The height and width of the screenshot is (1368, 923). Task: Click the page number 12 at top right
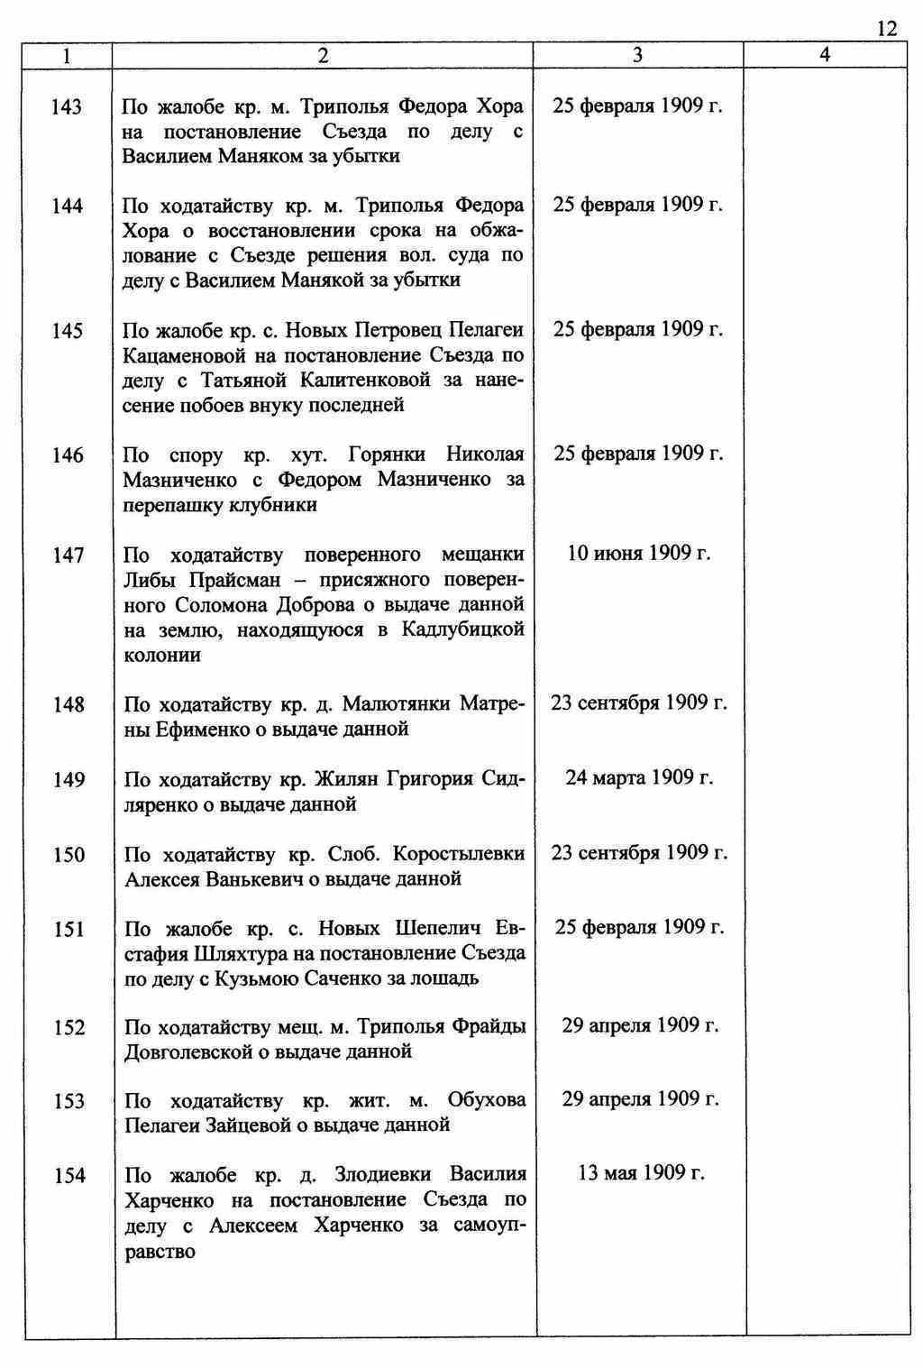(886, 29)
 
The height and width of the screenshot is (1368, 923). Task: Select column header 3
(638, 55)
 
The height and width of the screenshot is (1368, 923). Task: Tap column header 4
(825, 55)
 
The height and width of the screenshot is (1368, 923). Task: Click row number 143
(66, 107)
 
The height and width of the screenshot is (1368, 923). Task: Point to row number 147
(68, 555)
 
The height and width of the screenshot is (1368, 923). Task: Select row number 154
(69, 1175)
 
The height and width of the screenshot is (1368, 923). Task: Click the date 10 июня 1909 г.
(638, 553)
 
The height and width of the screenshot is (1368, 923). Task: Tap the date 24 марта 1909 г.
(639, 777)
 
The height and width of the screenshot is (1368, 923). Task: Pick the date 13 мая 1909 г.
(641, 1173)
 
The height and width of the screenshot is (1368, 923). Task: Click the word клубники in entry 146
(276, 505)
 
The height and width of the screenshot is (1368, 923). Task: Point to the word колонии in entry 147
(162, 656)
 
